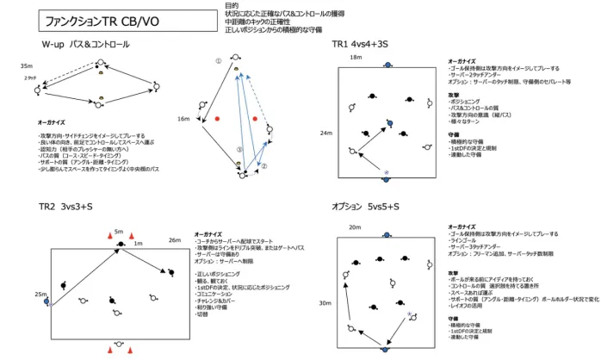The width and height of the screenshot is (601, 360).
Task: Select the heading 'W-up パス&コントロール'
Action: tap(86, 43)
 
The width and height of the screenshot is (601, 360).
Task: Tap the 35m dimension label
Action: tap(26, 65)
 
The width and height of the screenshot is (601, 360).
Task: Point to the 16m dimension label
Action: tap(183, 119)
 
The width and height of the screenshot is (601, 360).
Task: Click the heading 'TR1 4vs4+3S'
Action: tap(362, 43)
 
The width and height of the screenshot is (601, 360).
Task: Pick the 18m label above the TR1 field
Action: tap(356, 57)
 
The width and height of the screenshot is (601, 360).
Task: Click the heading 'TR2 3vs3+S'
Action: tap(65, 208)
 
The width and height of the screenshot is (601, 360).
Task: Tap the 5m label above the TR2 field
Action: tap(119, 232)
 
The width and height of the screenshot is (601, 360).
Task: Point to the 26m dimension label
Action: tap(175, 239)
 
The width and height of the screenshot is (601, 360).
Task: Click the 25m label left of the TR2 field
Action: tap(40, 295)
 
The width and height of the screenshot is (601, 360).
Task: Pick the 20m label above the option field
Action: tap(356, 227)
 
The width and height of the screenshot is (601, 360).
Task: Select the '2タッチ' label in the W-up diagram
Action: tap(30, 78)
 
